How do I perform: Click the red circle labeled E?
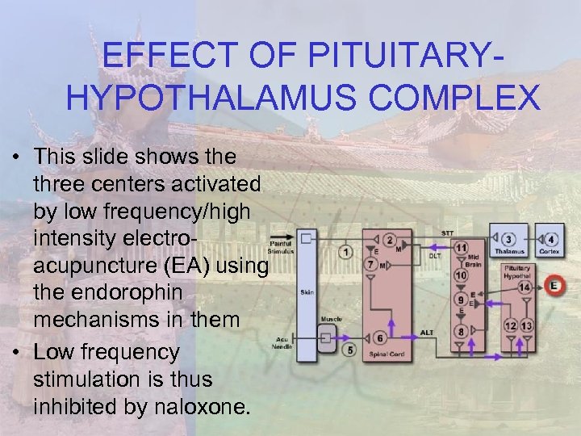tap(554, 285)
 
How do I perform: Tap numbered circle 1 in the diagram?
tap(346, 252)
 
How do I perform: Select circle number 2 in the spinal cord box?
tap(390, 240)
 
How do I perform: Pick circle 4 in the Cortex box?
tap(349, 350)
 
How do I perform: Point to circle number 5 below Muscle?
tap(379, 338)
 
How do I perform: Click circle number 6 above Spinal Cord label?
tap(370, 263)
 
